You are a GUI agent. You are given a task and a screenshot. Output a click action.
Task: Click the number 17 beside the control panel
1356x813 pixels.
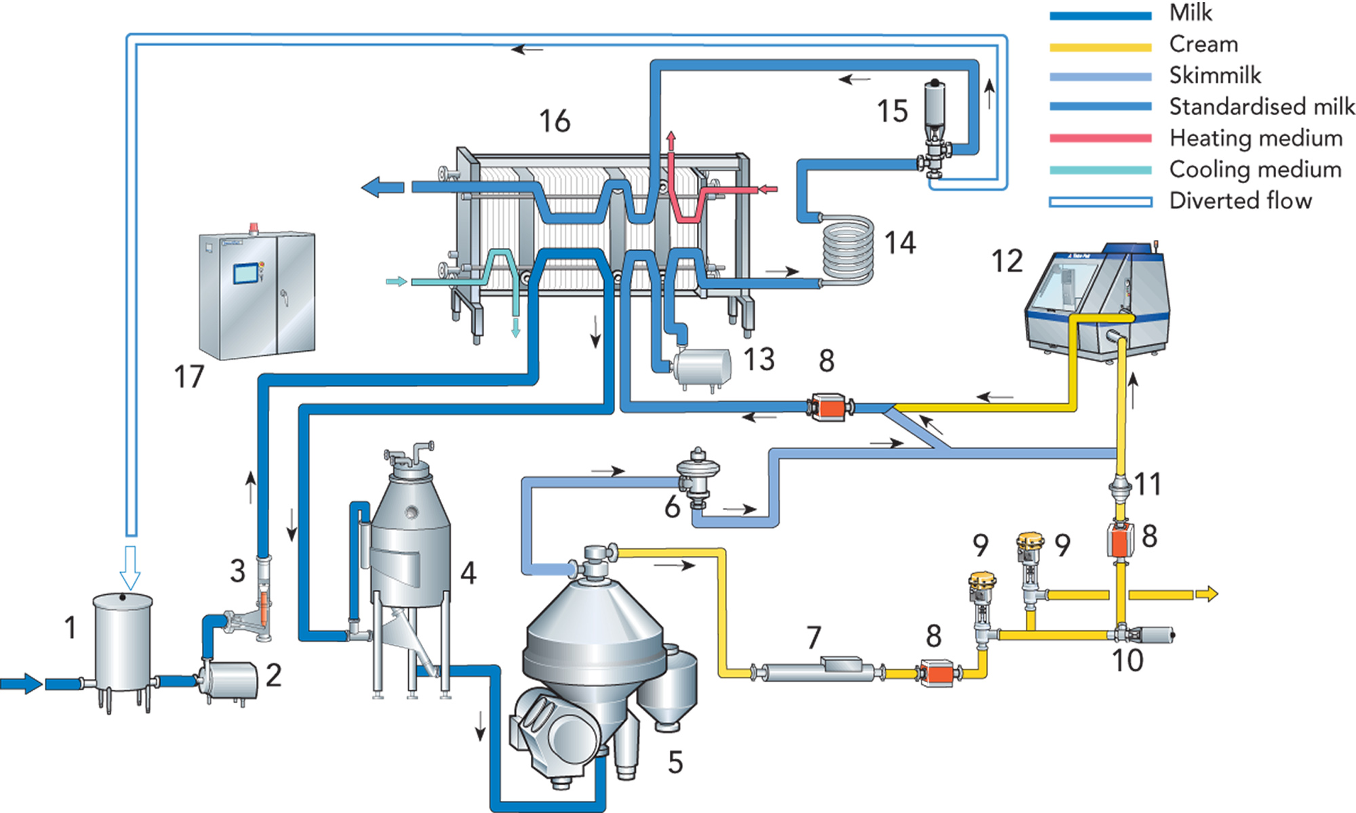(x=188, y=377)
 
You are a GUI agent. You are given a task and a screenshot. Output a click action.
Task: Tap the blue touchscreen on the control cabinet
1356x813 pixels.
(x=245, y=273)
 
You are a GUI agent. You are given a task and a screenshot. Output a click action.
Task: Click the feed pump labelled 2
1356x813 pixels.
(x=231, y=680)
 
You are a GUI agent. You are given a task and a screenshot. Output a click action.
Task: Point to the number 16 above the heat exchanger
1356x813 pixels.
(x=555, y=121)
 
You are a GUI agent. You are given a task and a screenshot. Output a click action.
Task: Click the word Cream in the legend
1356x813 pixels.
(x=1203, y=44)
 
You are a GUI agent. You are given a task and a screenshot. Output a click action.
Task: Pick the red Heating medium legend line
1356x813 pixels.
(x=1100, y=138)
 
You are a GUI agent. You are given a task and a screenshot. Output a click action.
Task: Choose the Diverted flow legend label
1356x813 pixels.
(x=1240, y=201)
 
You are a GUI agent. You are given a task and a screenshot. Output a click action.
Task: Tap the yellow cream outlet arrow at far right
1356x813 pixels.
(x=1207, y=594)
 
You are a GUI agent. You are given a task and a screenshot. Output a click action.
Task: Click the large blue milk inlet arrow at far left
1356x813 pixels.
(x=22, y=683)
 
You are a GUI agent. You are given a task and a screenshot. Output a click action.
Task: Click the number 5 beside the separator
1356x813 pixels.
(x=675, y=762)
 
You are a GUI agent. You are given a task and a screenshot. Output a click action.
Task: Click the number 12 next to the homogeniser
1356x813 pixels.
(x=1007, y=261)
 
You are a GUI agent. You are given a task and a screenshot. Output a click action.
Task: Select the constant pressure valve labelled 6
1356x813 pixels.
(x=698, y=478)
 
